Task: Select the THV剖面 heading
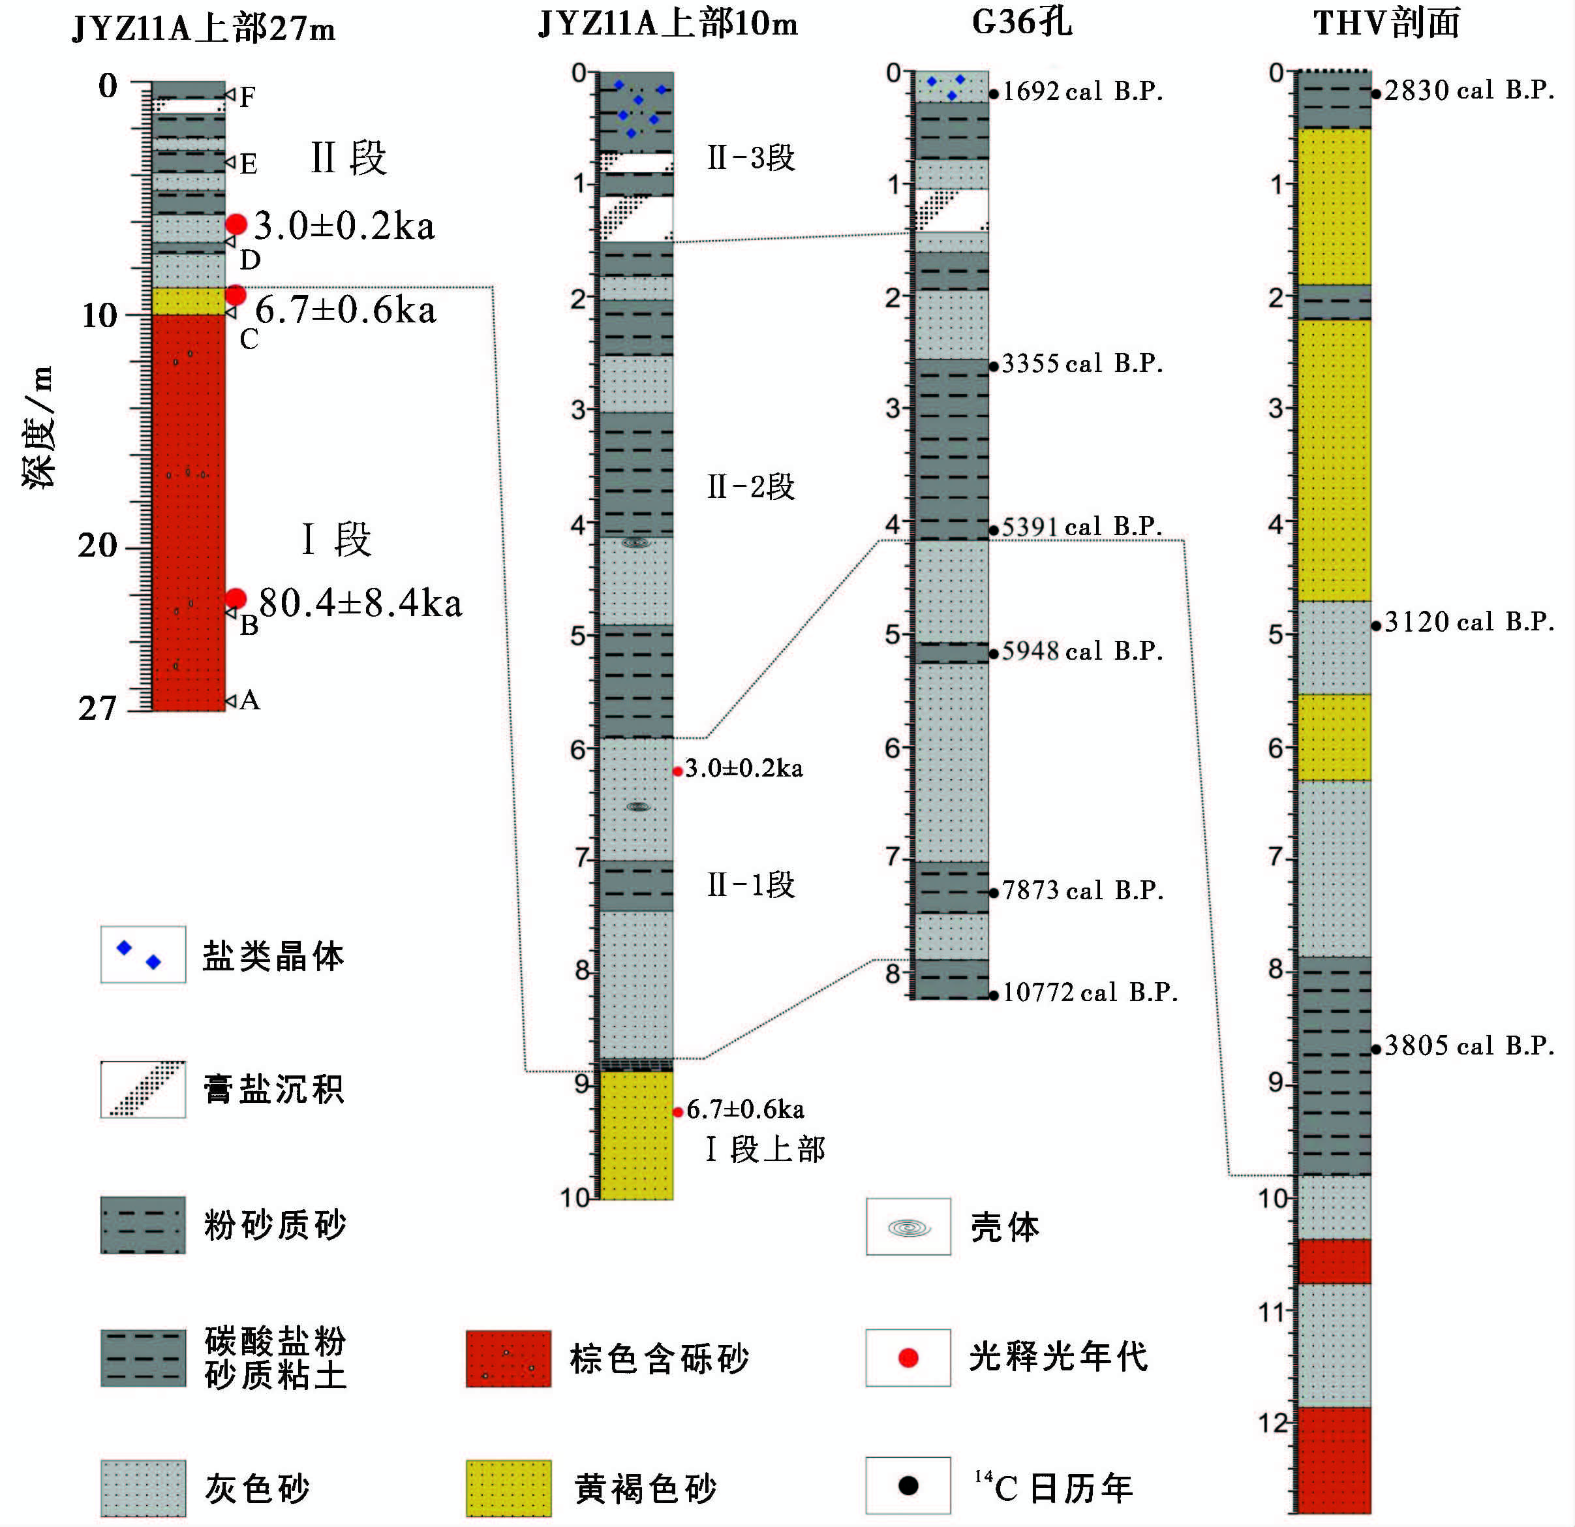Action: [1386, 22]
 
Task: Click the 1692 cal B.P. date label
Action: [1082, 91]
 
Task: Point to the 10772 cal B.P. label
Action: [1090, 993]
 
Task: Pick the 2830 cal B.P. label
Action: [1468, 91]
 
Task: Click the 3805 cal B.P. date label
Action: [1468, 1047]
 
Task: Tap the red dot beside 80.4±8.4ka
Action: [236, 598]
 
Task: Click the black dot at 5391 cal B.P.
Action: [994, 531]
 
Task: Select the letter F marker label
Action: [247, 98]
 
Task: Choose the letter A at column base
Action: [250, 701]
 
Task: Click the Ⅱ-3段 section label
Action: [750, 159]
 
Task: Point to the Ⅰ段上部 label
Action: [765, 1150]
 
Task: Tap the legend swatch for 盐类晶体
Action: [143, 955]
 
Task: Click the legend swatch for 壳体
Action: [908, 1227]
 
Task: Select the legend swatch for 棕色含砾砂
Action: [509, 1359]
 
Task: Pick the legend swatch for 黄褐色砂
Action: [509, 1488]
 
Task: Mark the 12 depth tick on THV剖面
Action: [1273, 1423]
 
